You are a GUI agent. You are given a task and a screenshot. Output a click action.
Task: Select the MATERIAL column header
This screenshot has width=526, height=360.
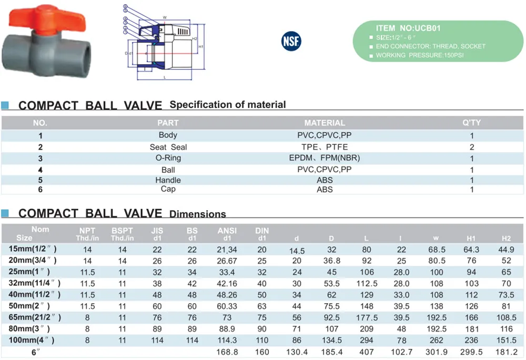(325, 123)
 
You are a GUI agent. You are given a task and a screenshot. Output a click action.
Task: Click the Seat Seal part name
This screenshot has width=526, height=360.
(168, 147)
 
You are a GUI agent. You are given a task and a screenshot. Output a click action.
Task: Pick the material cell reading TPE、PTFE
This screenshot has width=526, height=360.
(325, 147)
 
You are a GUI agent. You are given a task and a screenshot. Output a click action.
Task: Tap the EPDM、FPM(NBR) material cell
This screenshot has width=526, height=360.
(325, 158)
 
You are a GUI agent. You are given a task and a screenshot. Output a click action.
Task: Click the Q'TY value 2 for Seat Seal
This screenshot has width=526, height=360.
(472, 147)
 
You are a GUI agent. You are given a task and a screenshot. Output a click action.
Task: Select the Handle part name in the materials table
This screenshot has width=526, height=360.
(168, 180)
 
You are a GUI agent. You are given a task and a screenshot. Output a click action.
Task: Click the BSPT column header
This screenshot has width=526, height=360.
(122, 231)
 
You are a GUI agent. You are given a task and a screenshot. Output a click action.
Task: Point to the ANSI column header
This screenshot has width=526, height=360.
(227, 231)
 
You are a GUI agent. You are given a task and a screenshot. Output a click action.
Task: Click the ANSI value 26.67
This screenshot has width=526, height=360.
(227, 261)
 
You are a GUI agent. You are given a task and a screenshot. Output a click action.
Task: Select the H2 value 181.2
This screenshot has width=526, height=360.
(507, 352)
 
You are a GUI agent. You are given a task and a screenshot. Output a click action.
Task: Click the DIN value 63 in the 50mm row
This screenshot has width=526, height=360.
(262, 306)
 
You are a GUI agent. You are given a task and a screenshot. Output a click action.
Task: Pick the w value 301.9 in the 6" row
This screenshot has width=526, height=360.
(437, 352)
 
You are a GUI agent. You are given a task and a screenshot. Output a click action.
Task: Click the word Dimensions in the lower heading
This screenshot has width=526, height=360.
(198, 214)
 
